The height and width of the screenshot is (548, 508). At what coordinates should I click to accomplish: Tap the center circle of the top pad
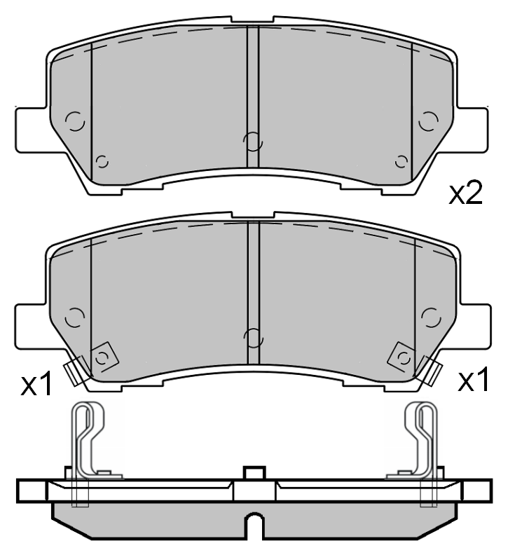pos(252,142)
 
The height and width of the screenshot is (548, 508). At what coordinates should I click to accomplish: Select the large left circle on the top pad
pos(74,121)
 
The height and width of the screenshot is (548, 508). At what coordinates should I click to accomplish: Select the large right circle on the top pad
pos(427,121)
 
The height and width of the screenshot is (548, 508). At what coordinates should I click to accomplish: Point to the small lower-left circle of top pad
pos(102,162)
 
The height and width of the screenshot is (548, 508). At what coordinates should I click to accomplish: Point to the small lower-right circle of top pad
pos(401,162)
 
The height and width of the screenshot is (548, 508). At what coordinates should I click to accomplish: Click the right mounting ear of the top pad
pos(474,129)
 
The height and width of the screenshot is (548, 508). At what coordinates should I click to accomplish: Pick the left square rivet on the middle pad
pos(103,357)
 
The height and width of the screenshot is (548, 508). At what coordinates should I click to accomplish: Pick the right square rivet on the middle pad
pos(403,357)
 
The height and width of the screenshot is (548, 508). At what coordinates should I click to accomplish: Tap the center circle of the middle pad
pos(252,337)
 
